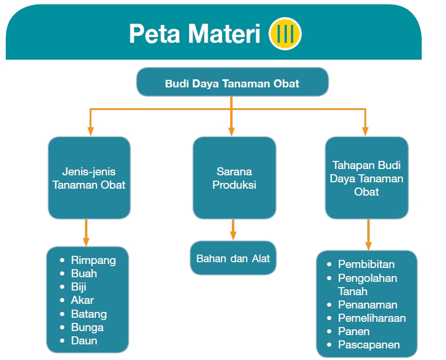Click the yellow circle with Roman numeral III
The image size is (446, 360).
[285, 34]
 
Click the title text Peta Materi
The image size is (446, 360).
[194, 34]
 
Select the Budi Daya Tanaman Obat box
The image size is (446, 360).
[232, 83]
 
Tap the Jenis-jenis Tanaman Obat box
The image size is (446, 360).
[89, 178]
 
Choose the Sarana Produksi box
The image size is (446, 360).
[234, 178]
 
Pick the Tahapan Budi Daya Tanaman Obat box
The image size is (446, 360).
[366, 178]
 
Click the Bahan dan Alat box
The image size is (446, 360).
[233, 258]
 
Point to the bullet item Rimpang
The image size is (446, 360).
[93, 260]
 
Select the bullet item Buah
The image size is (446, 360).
[84, 273]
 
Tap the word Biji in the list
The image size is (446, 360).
[79, 286]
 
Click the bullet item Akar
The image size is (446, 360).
[82, 300]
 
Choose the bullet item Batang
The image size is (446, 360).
[89, 314]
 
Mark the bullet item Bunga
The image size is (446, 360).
[87, 327]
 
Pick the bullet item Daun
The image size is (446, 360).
[84, 340]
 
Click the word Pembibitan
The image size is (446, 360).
[366, 264]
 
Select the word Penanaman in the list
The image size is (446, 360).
[367, 304]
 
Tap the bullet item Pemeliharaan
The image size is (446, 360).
[371, 318]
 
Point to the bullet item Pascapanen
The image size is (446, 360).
[368, 345]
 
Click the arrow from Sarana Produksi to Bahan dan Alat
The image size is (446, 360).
[233, 230]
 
